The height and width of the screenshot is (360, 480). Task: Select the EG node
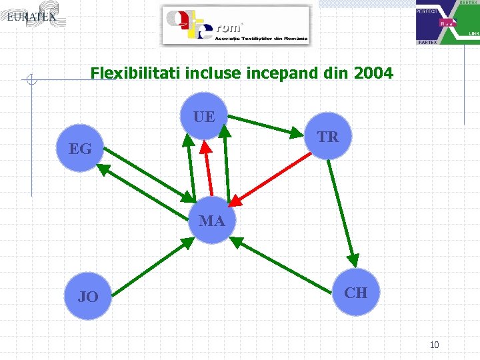(81, 149)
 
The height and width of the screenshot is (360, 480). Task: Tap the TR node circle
(327, 137)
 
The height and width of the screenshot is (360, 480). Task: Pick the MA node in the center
(211, 221)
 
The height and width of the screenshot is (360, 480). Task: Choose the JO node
(88, 297)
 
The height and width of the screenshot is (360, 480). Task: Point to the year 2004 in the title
(375, 73)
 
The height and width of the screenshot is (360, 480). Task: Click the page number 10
(434, 345)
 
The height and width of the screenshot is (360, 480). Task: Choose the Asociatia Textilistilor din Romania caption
(261, 39)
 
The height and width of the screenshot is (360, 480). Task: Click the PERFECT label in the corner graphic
(428, 12)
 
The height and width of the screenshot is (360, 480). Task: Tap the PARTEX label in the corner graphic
(427, 42)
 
